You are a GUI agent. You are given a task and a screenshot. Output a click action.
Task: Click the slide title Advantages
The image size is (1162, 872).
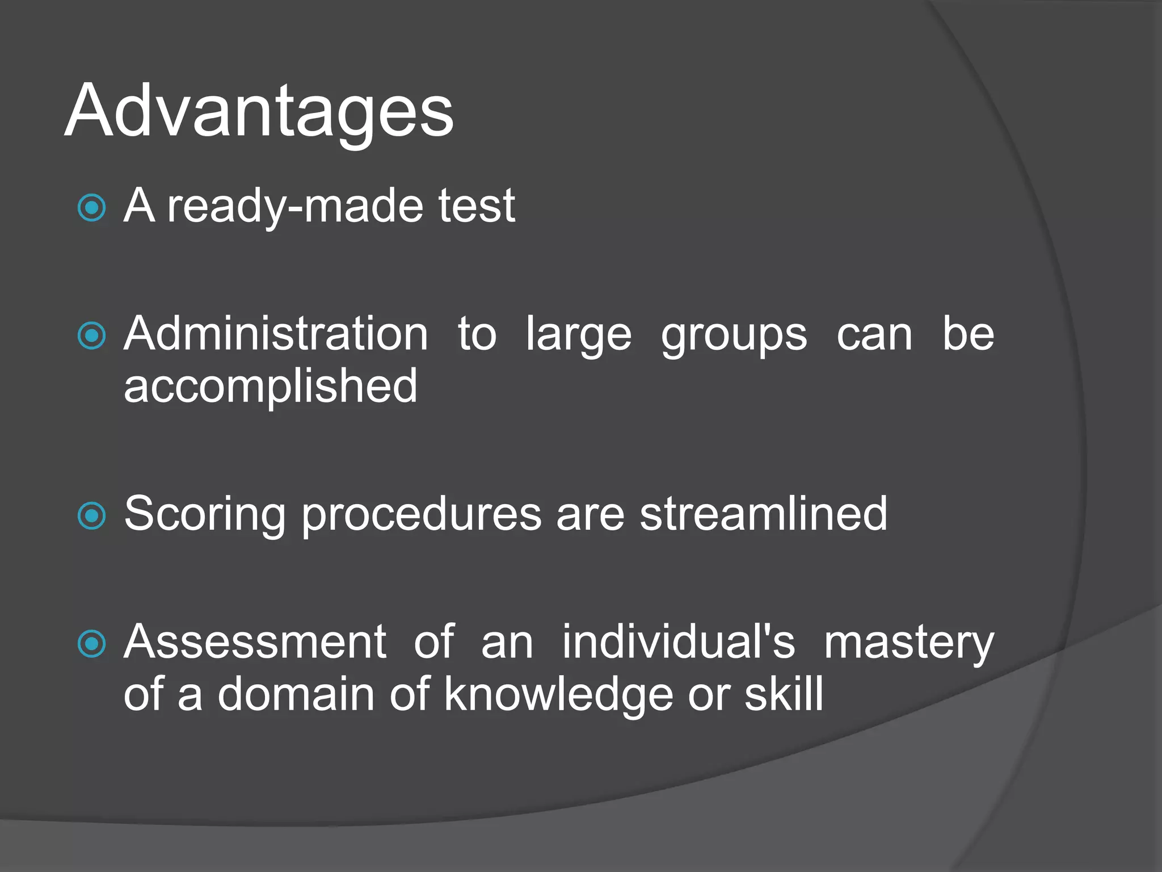259,111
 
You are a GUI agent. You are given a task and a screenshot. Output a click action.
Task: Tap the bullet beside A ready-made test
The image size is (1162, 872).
91,208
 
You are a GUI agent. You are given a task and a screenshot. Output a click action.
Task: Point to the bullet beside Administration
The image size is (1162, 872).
91,336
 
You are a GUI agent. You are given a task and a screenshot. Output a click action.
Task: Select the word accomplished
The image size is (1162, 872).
271,387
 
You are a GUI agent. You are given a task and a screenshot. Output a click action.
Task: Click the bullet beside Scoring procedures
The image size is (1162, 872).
91,515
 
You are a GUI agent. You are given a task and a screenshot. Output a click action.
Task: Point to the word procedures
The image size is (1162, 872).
421,514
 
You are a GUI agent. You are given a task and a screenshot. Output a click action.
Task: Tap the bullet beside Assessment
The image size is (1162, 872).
91,644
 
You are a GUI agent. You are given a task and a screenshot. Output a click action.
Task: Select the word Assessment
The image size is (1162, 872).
255,642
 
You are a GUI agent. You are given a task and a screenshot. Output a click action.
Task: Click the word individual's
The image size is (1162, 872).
679,642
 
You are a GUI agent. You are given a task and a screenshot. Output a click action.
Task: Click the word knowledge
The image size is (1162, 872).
558,695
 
